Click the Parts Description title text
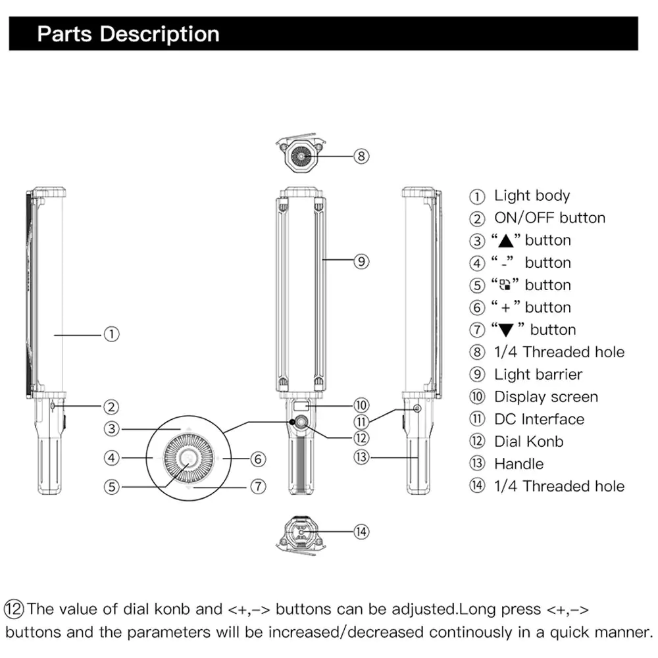click(x=128, y=34)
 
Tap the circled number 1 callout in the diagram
click(x=112, y=334)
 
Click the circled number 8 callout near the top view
click(x=361, y=156)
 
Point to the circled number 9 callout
click(x=361, y=261)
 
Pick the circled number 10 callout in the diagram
click(x=361, y=405)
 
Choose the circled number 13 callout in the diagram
click(x=361, y=456)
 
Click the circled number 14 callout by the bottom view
click(x=361, y=532)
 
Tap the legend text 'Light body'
click(x=532, y=195)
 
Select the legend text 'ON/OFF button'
click(x=549, y=218)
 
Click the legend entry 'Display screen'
click(x=545, y=397)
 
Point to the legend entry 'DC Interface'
click(x=538, y=419)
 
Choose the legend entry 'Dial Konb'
click(x=528, y=442)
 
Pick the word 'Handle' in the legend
click(x=519, y=464)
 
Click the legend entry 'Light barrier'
click(x=538, y=374)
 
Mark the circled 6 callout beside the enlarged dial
click(x=258, y=458)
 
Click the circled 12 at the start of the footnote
click(x=14, y=608)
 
